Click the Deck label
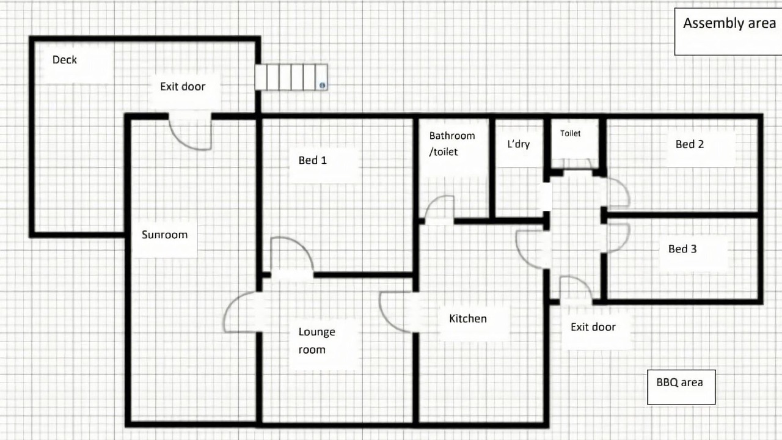pos(65,60)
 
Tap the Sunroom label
pos(164,235)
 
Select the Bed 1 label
pos(312,160)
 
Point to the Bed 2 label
pos(690,144)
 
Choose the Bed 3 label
pos(682,249)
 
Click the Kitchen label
pos(468,318)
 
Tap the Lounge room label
pos(316,340)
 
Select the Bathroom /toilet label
pos(452,144)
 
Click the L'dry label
pos(519,144)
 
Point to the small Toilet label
pos(570,133)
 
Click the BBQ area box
pos(681,387)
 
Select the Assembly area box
pos(728,31)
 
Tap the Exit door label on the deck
pos(183,87)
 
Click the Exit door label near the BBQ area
pos(593,327)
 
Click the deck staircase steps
pos(291,77)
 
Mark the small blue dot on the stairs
pos(322,85)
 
